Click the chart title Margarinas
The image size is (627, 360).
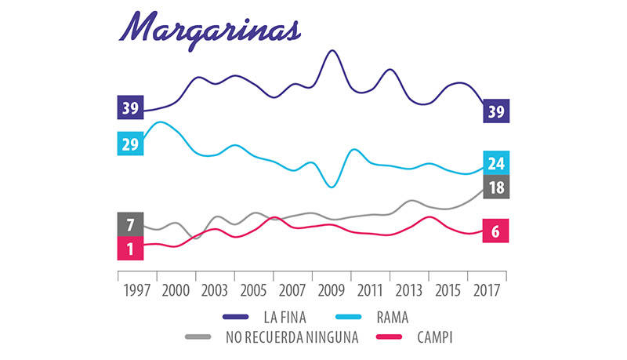pos(209,29)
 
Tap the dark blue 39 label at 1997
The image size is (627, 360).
pos(130,108)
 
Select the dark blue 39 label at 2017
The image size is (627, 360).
pos(496,111)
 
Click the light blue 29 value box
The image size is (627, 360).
pos(130,144)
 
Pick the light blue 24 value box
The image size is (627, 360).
pos(496,163)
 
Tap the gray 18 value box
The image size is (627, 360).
pos(496,187)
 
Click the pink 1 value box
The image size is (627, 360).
pos(130,248)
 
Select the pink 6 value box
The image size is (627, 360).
pos(496,231)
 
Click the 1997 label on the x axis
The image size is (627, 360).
pos(137,289)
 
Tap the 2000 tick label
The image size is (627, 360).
pos(176,289)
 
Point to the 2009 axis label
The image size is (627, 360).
pos(332,289)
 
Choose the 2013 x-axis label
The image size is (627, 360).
pos(409,289)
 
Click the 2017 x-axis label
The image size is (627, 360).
pos(487,289)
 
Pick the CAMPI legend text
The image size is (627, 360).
pos(434,337)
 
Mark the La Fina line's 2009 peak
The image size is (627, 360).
pos(332,51)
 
